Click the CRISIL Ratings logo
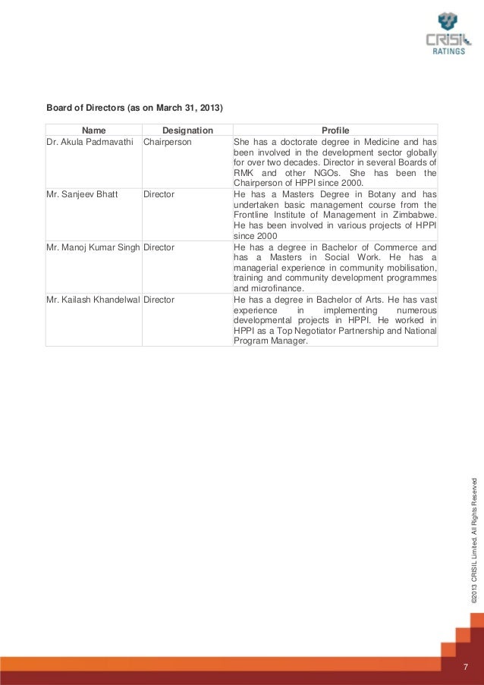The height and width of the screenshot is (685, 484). click(443, 34)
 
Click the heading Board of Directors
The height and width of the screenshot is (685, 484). click(135, 108)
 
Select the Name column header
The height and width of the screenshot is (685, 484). click(93, 130)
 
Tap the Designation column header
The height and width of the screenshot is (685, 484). click(187, 130)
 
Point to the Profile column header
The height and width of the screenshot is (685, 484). click(335, 130)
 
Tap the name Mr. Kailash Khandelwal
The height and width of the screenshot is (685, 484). click(93, 300)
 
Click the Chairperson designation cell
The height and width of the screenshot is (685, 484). click(168, 142)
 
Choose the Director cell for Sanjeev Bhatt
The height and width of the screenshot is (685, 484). click(159, 194)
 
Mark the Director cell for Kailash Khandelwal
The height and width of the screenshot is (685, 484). click(159, 300)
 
